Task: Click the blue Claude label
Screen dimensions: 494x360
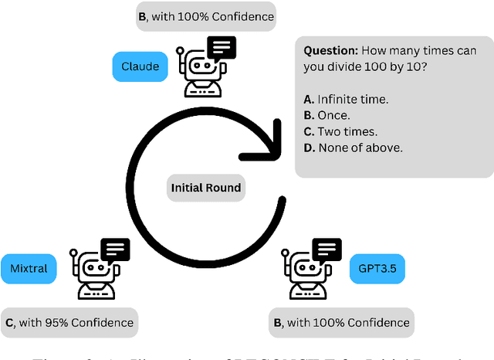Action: pos(140,66)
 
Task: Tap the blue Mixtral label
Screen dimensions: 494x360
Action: pos(29,269)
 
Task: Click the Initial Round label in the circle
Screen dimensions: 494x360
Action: pos(206,187)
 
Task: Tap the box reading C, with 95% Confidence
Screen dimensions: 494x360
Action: pos(69,322)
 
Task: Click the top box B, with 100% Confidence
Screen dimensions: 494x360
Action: pos(205,15)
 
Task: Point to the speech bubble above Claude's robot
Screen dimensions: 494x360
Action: pos(222,49)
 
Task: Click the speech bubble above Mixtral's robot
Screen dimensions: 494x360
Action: pos(114,250)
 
